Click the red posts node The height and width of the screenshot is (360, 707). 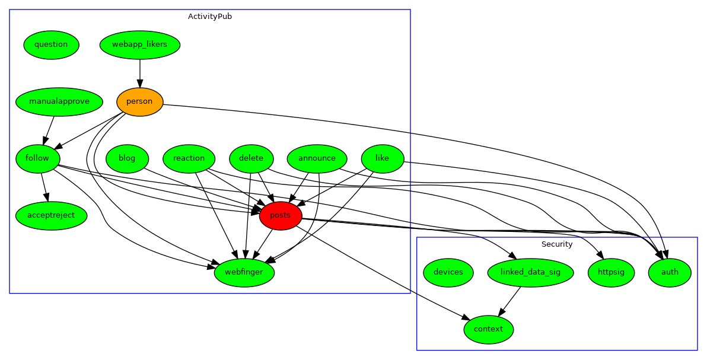tap(281, 215)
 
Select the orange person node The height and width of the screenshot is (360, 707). tap(139, 101)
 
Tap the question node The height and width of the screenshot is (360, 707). tap(51, 44)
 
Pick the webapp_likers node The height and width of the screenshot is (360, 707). tap(139, 44)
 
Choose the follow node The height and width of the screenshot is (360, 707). tap(37, 158)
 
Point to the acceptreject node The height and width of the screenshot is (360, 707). tap(51, 215)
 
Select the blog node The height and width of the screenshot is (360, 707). tap(127, 158)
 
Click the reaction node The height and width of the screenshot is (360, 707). tap(189, 158)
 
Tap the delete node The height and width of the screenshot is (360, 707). tap(251, 158)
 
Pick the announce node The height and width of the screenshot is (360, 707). tap(317, 158)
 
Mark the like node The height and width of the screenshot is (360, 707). tap(382, 158)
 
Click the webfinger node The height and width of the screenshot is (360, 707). tap(244, 272)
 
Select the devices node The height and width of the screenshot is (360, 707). tap(448, 272)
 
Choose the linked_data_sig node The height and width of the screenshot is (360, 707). tap(530, 272)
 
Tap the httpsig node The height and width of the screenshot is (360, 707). tap(611, 272)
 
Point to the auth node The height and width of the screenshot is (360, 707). tap(670, 272)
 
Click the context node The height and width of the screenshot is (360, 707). tap(489, 329)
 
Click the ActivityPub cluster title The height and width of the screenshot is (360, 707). tap(210, 17)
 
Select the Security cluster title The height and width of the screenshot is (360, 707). tap(557, 244)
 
